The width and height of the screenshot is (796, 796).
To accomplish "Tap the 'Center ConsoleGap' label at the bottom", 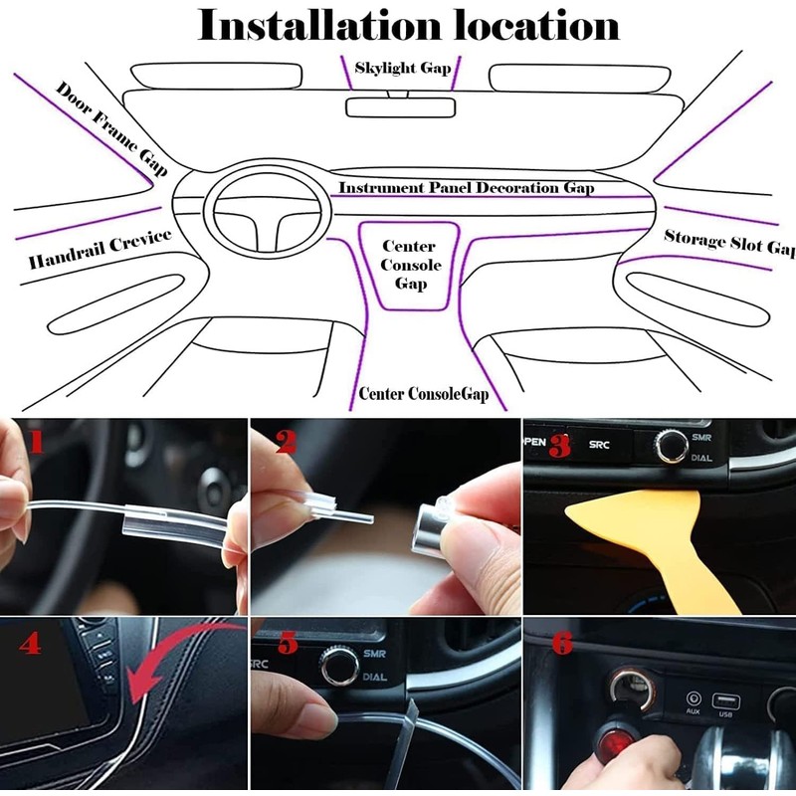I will coord(424,394).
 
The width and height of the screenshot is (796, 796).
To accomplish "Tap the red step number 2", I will coord(286,441).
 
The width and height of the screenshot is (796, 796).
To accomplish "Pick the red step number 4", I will coord(31,643).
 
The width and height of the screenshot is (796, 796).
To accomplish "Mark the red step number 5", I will coord(288,643).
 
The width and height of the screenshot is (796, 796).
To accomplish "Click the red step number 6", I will coord(562,643).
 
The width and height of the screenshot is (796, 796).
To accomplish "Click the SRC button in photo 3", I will coord(599,445).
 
